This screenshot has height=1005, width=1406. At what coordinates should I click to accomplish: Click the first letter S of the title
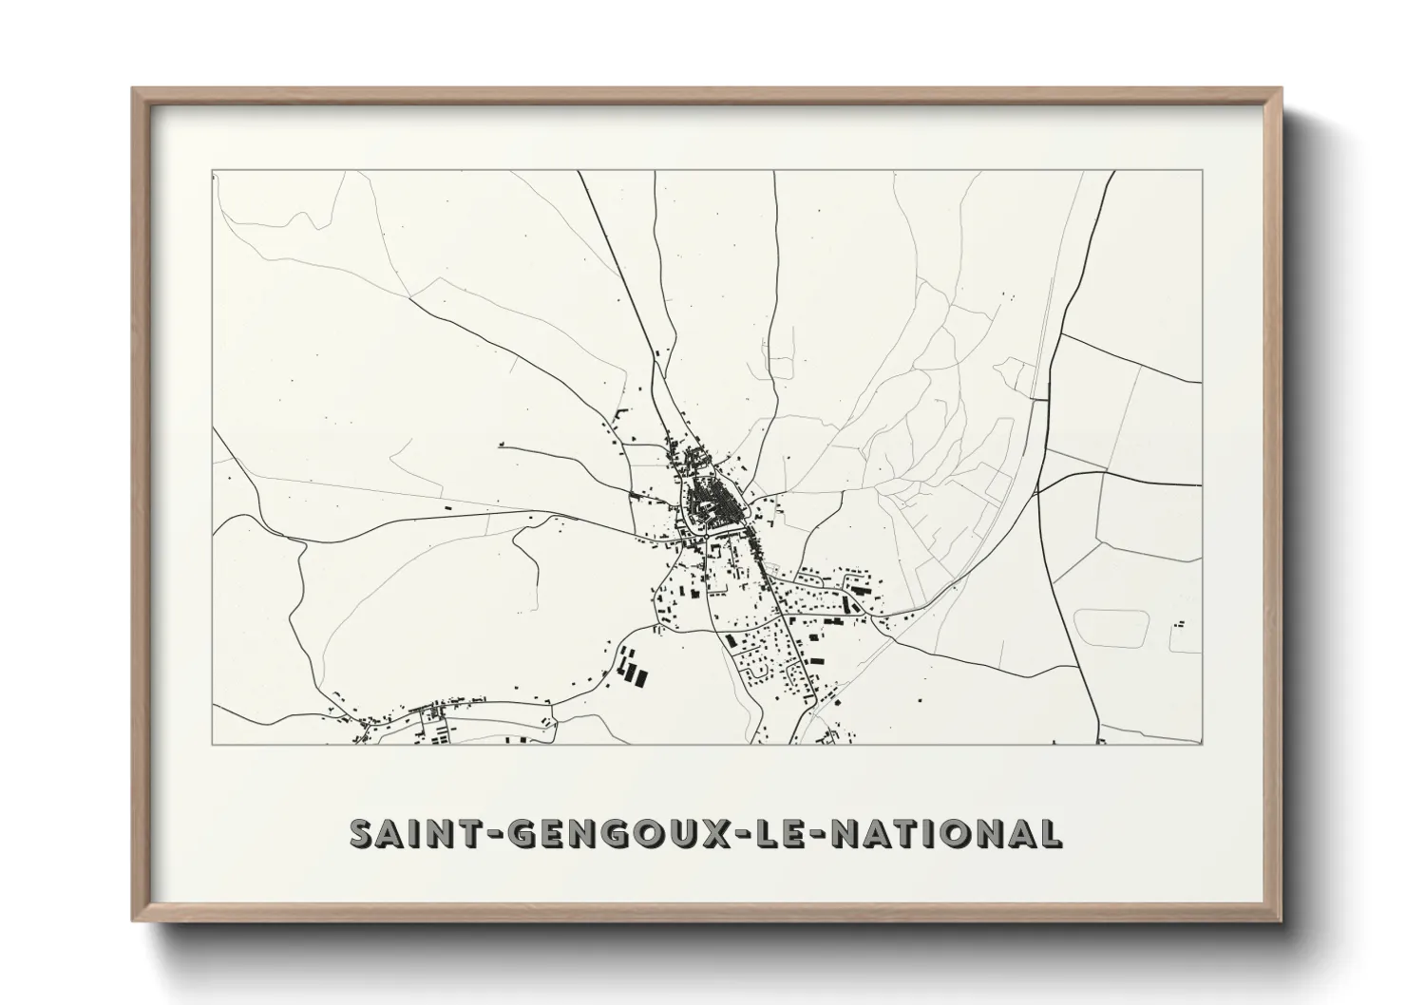[x=363, y=833]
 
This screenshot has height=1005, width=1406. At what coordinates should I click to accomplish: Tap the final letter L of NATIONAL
[x=1050, y=833]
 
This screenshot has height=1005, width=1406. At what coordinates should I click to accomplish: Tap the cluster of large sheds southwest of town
[x=632, y=666]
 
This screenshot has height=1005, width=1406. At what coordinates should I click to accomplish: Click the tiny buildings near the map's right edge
[x=1180, y=624]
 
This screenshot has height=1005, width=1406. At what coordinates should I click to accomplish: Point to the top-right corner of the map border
[x=1203, y=171]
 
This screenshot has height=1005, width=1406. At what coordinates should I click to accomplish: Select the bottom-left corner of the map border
[x=212, y=744]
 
